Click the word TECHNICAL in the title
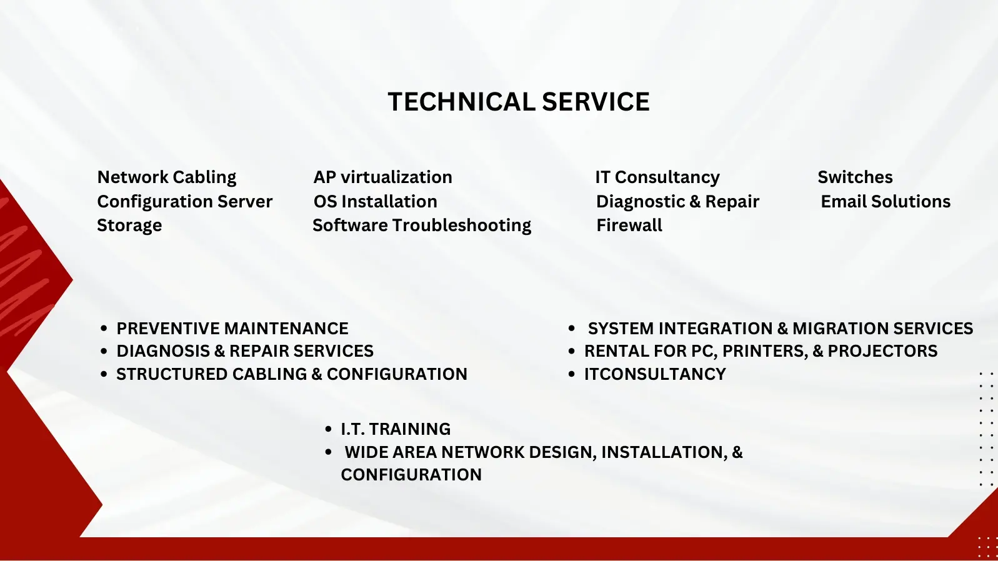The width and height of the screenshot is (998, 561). pos(462,101)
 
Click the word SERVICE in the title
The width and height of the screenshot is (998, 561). pos(596,101)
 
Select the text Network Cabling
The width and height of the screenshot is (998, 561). pos(167,177)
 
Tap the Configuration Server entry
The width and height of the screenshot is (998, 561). pos(185,202)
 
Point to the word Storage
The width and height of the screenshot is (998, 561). pos(129,226)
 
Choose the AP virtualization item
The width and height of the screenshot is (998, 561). pos(382,177)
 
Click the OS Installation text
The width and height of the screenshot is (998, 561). pos(376,201)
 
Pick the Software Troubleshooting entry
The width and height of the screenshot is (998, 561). pos(422,226)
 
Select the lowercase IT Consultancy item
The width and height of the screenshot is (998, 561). pos(657,177)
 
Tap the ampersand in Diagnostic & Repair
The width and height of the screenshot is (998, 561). pos(695,202)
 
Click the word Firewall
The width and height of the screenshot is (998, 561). pos(629,226)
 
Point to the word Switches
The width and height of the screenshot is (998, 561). pos(855,177)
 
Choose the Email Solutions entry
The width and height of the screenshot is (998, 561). pos(886,201)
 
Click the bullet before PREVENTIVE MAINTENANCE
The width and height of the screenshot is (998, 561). pos(104,329)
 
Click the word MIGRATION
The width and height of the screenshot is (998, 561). pos(841,329)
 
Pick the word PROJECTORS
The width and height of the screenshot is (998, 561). pos(882,351)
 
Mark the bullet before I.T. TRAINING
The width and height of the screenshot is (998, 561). pos(328,429)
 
